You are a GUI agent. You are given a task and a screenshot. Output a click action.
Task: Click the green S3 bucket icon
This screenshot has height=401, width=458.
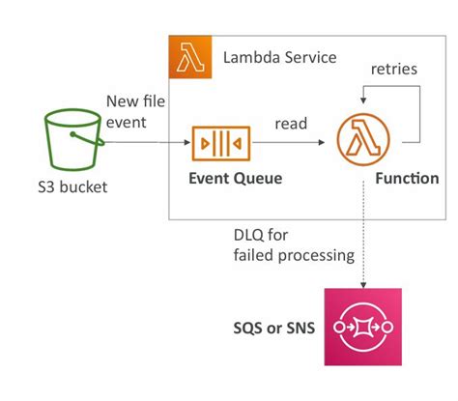click(73, 139)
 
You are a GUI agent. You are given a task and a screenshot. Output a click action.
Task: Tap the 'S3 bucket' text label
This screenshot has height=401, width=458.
click(72, 187)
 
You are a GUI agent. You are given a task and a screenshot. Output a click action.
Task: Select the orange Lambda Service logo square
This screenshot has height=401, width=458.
click(190, 57)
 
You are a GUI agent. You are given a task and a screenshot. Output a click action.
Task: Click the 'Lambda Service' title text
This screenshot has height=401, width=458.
click(280, 58)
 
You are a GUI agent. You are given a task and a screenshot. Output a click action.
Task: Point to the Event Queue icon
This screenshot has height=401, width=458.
click(221, 143)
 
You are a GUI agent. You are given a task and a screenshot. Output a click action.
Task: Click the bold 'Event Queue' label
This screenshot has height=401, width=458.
click(236, 178)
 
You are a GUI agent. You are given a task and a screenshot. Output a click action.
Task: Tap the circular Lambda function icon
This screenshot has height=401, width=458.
click(363, 139)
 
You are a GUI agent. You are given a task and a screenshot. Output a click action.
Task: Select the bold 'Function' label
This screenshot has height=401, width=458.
click(407, 178)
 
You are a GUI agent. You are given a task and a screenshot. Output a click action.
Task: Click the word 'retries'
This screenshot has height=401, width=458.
click(394, 69)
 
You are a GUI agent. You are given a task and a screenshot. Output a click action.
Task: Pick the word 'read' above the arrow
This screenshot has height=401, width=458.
click(291, 124)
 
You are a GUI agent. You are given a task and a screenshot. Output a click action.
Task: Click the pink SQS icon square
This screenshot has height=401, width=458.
click(363, 327)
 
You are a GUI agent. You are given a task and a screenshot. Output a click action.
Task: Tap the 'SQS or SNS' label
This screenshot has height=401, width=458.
click(274, 329)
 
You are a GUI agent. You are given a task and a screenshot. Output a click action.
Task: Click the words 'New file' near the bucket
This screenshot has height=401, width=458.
click(135, 101)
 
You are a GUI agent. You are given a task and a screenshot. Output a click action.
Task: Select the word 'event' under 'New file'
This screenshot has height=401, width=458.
click(127, 123)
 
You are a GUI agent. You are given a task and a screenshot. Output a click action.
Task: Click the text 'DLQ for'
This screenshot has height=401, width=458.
click(261, 235)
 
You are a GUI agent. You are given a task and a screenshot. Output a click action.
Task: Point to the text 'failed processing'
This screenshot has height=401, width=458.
click(294, 256)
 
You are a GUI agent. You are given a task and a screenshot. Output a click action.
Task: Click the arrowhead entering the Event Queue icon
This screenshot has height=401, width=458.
click(187, 142)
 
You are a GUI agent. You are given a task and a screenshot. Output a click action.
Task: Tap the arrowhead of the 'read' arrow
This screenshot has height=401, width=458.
click(322, 142)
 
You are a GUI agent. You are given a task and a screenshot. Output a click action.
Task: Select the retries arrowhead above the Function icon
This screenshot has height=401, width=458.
click(363, 100)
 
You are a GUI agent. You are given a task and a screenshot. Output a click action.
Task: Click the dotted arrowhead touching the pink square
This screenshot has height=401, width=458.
click(363, 285)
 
